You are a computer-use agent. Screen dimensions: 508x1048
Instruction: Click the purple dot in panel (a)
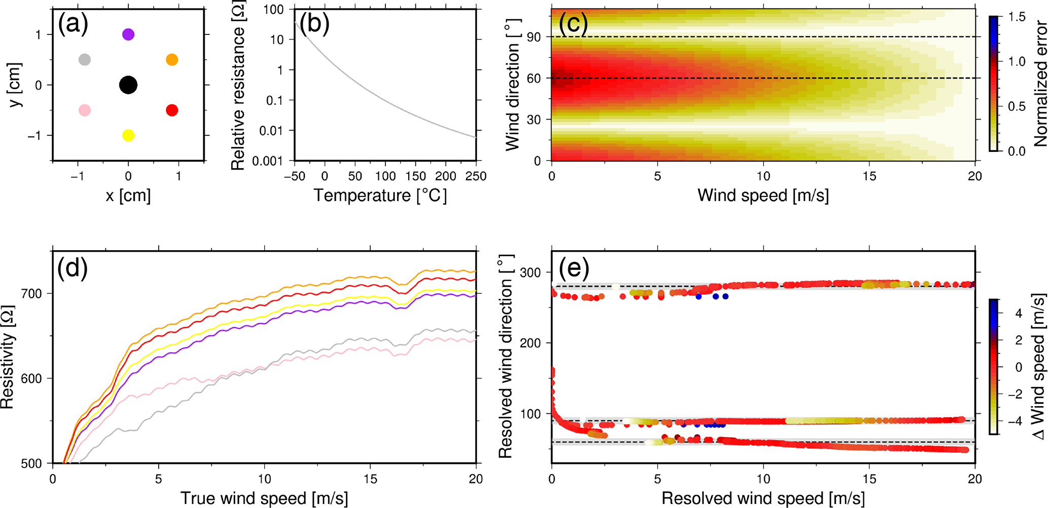coord(128,34)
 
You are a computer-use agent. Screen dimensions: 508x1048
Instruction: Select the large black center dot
coord(128,85)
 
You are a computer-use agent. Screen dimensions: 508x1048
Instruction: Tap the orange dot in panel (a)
coord(172,60)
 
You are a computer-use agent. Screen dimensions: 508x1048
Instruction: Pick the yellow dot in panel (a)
coord(128,135)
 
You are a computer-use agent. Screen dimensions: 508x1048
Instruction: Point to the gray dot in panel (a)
coord(85,60)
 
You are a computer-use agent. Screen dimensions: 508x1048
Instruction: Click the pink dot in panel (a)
coord(85,110)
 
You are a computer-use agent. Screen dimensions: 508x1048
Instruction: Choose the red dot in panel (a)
coord(172,110)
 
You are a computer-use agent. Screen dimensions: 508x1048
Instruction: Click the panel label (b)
coord(314,24)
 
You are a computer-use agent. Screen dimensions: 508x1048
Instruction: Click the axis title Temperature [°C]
coord(380,196)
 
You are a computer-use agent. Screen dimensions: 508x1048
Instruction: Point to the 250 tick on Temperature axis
coord(476,176)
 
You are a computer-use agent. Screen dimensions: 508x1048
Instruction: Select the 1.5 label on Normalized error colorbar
coord(1017,17)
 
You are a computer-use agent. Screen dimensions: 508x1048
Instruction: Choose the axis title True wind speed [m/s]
coord(264,498)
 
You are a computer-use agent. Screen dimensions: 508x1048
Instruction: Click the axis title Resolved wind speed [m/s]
coord(763,498)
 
